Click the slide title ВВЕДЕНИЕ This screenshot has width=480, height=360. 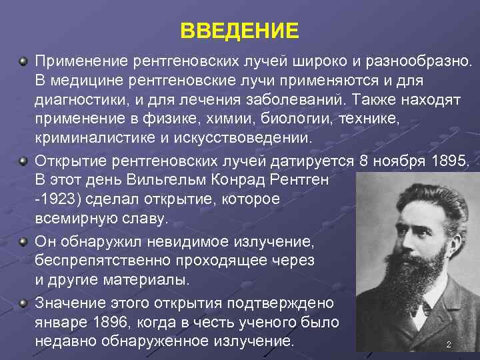pyautogui.click(x=240, y=31)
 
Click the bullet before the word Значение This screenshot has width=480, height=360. pyautogui.click(x=23, y=303)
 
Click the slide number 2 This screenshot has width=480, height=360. pyautogui.click(x=449, y=345)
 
